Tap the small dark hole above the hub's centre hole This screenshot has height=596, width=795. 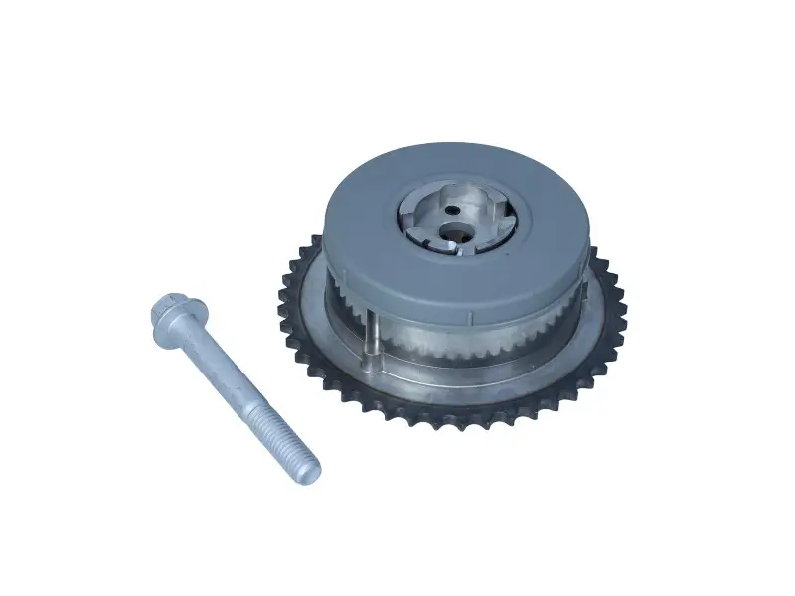coord(453,210)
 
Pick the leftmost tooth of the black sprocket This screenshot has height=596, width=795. coord(282,298)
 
